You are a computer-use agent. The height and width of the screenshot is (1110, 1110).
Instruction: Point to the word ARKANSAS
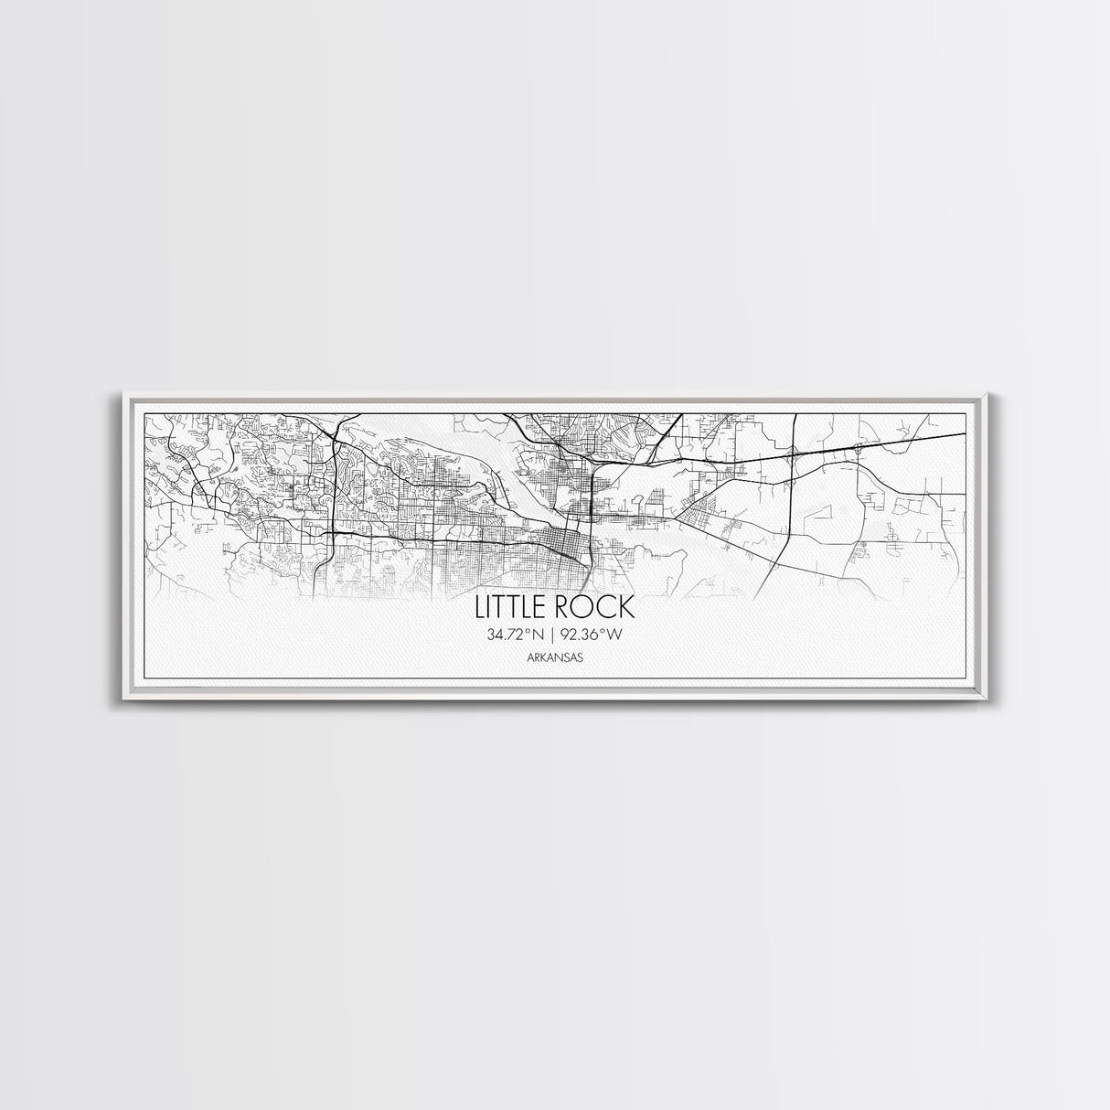[555, 656]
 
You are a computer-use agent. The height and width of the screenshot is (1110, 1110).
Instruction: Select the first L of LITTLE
[479, 608]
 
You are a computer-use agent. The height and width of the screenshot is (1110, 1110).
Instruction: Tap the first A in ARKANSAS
[530, 656]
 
